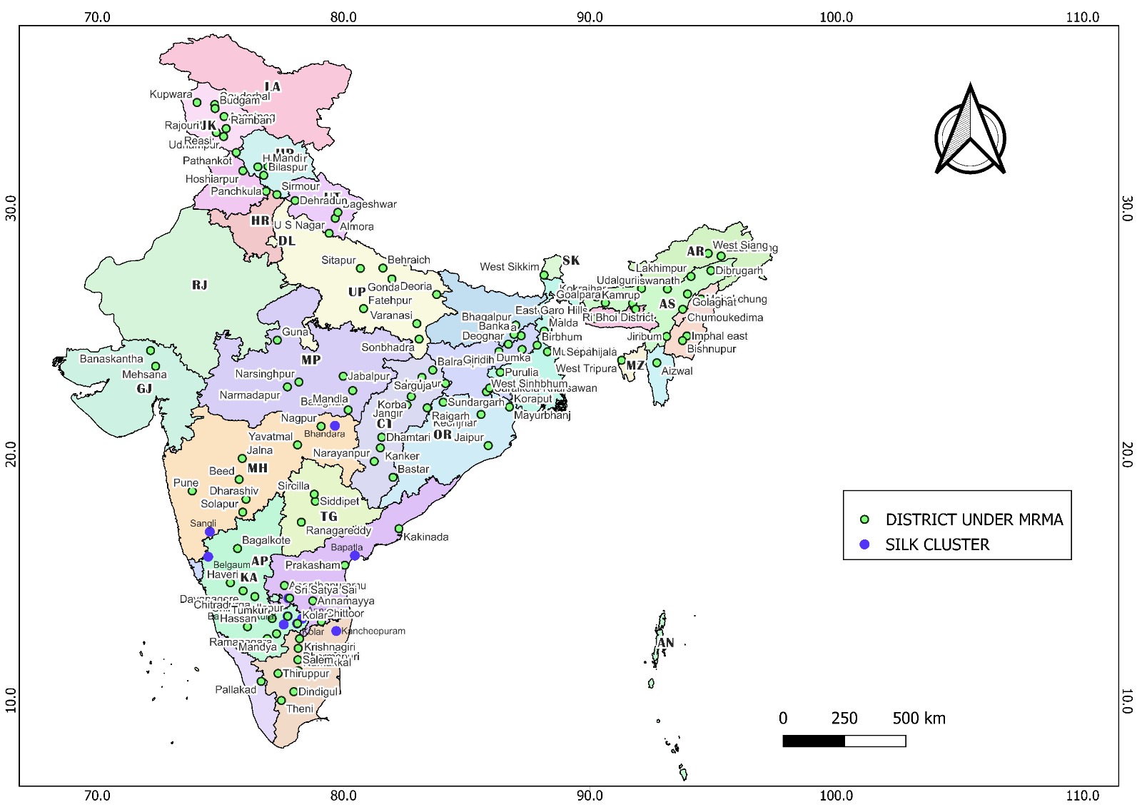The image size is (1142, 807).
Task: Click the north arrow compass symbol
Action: click(x=970, y=133)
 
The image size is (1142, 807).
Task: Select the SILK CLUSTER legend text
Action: click(x=937, y=545)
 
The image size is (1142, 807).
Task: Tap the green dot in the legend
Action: click(x=864, y=519)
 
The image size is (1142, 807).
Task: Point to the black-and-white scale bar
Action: click(x=844, y=741)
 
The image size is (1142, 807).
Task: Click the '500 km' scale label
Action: click(x=919, y=719)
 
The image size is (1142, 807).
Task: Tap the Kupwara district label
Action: click(x=171, y=94)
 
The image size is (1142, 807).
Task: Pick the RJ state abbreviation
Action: click(x=199, y=285)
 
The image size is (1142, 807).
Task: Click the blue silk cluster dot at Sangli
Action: click(x=210, y=532)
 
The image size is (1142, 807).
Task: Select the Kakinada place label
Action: click(x=426, y=537)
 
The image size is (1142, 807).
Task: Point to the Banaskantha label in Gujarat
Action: click(x=111, y=359)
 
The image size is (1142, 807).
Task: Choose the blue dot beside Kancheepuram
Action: click(x=336, y=631)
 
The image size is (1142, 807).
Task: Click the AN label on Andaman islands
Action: click(x=665, y=643)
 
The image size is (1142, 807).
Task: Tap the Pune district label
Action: click(x=186, y=483)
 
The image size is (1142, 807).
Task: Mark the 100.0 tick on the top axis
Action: click(x=836, y=17)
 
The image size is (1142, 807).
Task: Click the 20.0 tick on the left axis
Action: click(x=11, y=454)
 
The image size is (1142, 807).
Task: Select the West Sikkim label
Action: click(x=510, y=267)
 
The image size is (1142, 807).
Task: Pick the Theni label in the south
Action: click(x=300, y=709)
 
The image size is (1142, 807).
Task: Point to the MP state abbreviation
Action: click(x=310, y=360)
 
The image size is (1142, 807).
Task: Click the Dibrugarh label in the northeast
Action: click(x=739, y=271)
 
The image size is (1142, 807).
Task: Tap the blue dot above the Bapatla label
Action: click(x=355, y=556)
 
